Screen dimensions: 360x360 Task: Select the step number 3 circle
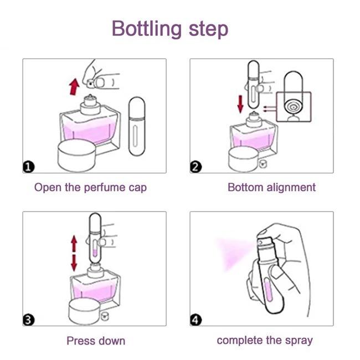coord(29,319)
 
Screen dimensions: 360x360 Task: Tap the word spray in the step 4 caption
coord(298,340)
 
